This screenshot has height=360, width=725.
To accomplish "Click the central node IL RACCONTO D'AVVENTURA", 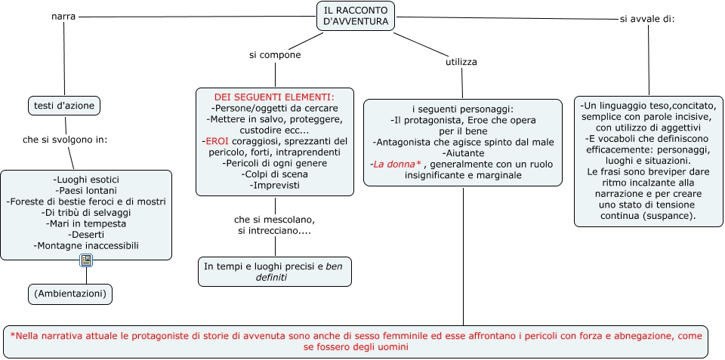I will point(355,16).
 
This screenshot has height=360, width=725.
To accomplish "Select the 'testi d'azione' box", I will point(65,106).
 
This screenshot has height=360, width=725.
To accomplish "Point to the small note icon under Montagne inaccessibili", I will point(86,260).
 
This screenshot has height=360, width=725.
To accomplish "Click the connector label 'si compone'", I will point(275,55).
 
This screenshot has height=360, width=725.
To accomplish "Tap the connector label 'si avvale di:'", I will point(646,19).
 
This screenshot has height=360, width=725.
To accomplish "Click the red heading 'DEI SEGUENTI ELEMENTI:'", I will point(273,97).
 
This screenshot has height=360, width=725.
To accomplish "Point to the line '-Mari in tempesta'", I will point(86,223).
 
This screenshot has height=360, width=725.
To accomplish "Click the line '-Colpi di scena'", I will point(274,174).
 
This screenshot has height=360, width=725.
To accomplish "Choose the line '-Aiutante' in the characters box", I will point(463,152).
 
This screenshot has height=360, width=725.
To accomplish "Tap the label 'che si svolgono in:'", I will point(65,140).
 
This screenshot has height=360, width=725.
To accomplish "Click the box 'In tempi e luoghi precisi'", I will point(274,272).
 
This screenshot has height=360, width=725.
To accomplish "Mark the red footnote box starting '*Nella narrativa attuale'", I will point(356,342).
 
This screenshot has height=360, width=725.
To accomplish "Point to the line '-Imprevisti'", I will point(274,185).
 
